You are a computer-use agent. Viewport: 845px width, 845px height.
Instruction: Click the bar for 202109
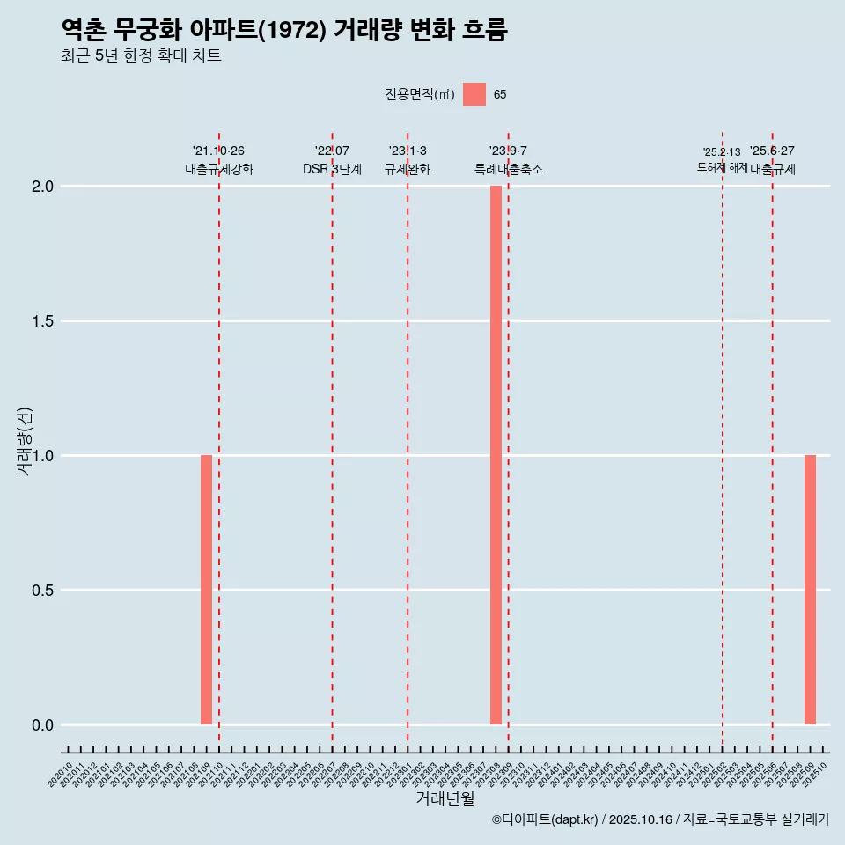pyautogui.click(x=206, y=590)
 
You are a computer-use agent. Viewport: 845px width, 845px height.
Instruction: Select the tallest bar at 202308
pyautogui.click(x=496, y=455)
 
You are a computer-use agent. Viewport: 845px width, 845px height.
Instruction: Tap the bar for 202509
pyautogui.click(x=810, y=590)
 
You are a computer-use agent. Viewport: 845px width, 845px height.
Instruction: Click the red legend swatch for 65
pyautogui.click(x=474, y=94)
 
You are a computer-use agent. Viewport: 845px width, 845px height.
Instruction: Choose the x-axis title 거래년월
pyautogui.click(x=445, y=799)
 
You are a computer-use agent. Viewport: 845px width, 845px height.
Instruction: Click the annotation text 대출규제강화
pyautogui.click(x=219, y=169)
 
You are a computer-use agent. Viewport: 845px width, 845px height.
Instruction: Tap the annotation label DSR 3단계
pyautogui.click(x=332, y=169)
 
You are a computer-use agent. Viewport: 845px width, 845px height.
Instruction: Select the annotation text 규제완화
pyautogui.click(x=408, y=169)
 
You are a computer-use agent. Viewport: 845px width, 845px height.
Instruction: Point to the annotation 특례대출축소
pyautogui.click(x=509, y=169)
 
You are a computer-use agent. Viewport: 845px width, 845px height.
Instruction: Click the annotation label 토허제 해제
pyautogui.click(x=722, y=167)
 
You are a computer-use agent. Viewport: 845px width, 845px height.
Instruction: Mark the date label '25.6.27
pyautogui.click(x=772, y=151)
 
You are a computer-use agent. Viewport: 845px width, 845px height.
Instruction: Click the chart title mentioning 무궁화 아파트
pyautogui.click(x=284, y=31)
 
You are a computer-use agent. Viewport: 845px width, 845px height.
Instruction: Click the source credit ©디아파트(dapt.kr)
pyautogui.click(x=545, y=819)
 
